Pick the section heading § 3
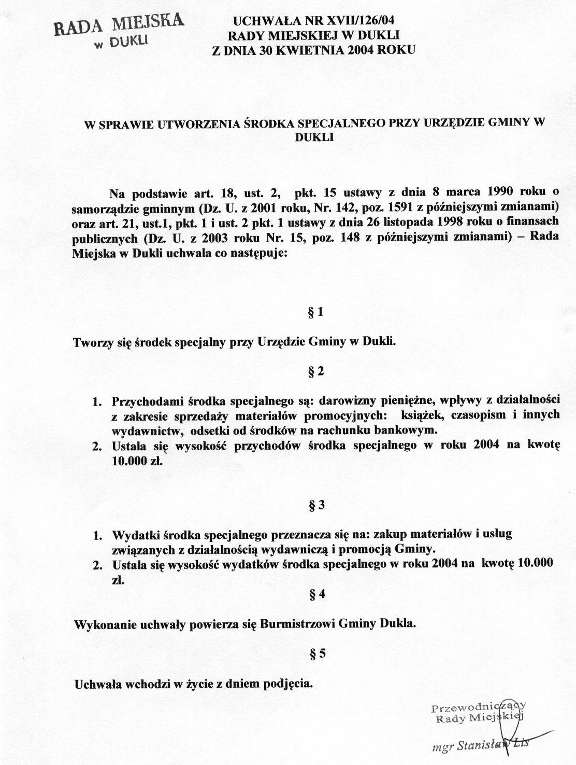316,506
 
